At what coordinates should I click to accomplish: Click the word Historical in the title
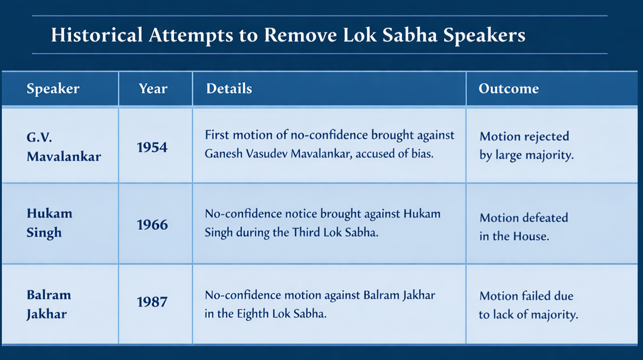pos(97,35)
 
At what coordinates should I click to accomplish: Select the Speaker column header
pos(53,89)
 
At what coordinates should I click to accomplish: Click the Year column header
pos(153,89)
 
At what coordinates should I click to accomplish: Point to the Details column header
pos(229,88)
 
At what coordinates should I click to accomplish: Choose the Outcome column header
pos(508,88)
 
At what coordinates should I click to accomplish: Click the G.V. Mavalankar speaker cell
pos(64,147)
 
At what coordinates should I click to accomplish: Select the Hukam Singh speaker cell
pos(49,223)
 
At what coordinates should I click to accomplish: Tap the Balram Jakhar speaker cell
pos(49,305)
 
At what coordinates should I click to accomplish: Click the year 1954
pos(152,147)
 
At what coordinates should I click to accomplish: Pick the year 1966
pos(152,225)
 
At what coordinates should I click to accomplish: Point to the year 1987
pos(152,302)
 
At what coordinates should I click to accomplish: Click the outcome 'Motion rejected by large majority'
pos(526,146)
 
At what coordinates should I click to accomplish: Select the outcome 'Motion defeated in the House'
pos(524,227)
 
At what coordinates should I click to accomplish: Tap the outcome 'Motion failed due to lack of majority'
pos(528,306)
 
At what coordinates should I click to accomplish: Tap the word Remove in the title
pos(300,35)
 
